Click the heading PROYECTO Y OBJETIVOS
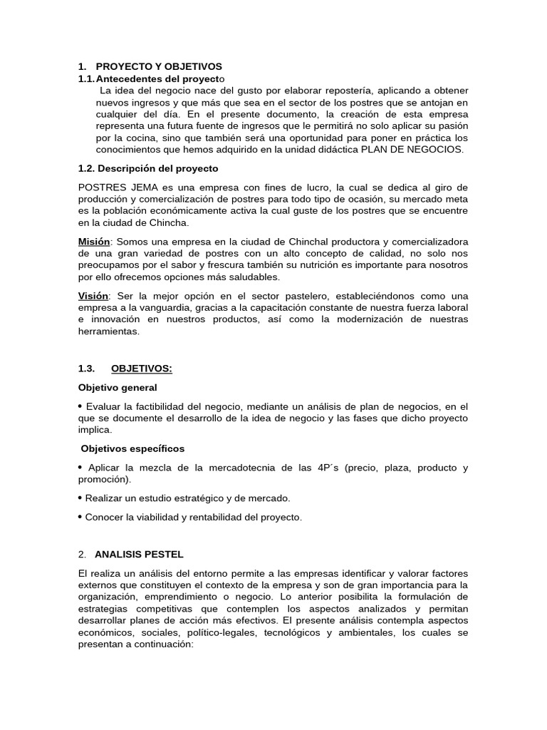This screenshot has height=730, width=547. pyautogui.click(x=159, y=66)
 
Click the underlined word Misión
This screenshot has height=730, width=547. pyautogui.click(x=94, y=242)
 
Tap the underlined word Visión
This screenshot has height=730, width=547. pyautogui.click(x=93, y=296)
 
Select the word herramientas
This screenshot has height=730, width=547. pyautogui.click(x=108, y=331)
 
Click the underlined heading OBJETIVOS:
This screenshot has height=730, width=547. pyautogui.click(x=142, y=369)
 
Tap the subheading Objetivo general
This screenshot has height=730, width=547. pyautogui.click(x=118, y=387)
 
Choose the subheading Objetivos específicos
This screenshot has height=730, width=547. pyautogui.click(x=132, y=448)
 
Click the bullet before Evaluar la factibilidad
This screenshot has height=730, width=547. pyautogui.click(x=80, y=406)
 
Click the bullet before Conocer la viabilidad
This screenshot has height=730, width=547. pyautogui.click(x=80, y=517)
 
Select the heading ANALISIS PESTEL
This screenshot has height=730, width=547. pyautogui.click(x=139, y=554)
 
